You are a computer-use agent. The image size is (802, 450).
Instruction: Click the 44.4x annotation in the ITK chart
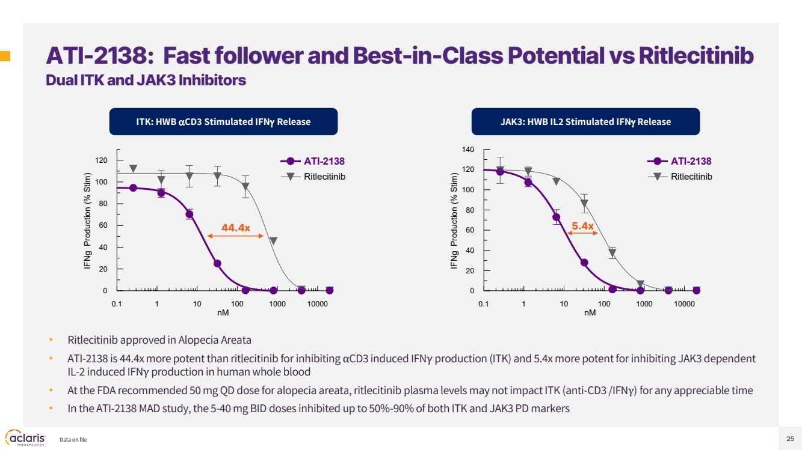coord(236,227)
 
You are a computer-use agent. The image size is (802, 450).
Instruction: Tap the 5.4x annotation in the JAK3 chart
coord(582,226)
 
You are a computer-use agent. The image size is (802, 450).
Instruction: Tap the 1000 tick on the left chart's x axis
coord(277,303)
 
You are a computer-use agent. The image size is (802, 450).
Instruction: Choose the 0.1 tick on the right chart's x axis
coord(484,303)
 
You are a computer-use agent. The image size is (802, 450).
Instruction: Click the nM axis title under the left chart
coord(223,312)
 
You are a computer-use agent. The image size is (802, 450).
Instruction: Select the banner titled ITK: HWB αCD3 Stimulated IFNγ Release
coord(223,122)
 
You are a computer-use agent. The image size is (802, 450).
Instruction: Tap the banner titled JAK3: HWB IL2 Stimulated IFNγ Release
coord(585,122)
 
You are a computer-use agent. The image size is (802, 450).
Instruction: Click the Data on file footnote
coord(73,440)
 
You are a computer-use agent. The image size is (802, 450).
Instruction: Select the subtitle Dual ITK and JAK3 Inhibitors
coord(146,80)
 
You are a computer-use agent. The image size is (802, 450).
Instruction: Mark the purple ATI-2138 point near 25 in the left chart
coord(217,264)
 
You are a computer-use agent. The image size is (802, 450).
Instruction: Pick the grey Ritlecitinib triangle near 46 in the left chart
coord(273,240)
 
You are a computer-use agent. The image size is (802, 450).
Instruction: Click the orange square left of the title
coord(5,56)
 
